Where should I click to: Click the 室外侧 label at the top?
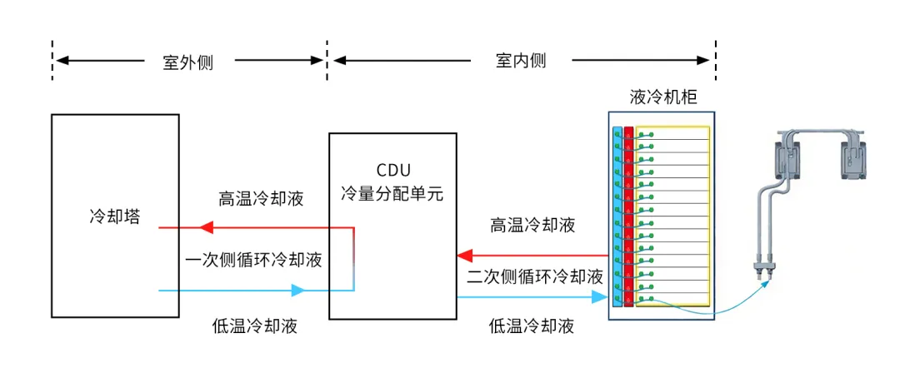coord(187,62)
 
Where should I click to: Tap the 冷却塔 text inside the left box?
coord(115,216)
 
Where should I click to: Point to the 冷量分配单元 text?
coord(392,196)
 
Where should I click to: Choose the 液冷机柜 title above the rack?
coord(663,97)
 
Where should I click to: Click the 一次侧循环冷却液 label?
coord(253,260)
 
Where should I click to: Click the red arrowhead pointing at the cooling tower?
coord(206,226)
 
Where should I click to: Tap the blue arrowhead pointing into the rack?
coord(598,297)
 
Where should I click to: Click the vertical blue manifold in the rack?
coord(617,216)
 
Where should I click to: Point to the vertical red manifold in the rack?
coord(628,216)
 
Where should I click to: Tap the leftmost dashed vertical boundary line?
coord(52,60)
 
